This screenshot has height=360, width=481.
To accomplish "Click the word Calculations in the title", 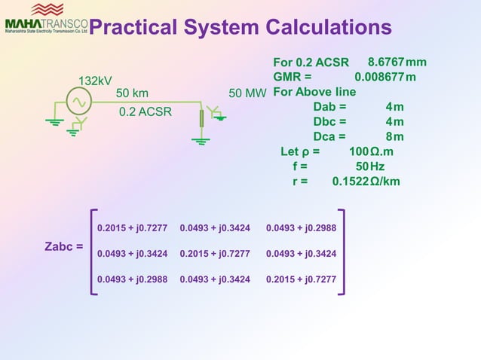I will [327, 28].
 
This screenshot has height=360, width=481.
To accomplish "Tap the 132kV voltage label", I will [96, 81].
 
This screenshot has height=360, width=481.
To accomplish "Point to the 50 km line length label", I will [132, 93].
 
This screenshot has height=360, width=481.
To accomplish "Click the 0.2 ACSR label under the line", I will [146, 112].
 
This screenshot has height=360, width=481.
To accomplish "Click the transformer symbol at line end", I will [202, 118].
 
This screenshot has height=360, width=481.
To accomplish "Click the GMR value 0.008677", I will [379, 77].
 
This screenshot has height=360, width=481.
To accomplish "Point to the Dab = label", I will [329, 106].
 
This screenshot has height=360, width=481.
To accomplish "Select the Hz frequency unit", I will [377, 166].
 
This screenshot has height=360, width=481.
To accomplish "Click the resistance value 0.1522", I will [350, 182].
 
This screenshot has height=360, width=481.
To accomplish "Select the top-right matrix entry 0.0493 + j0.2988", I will [301, 227].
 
